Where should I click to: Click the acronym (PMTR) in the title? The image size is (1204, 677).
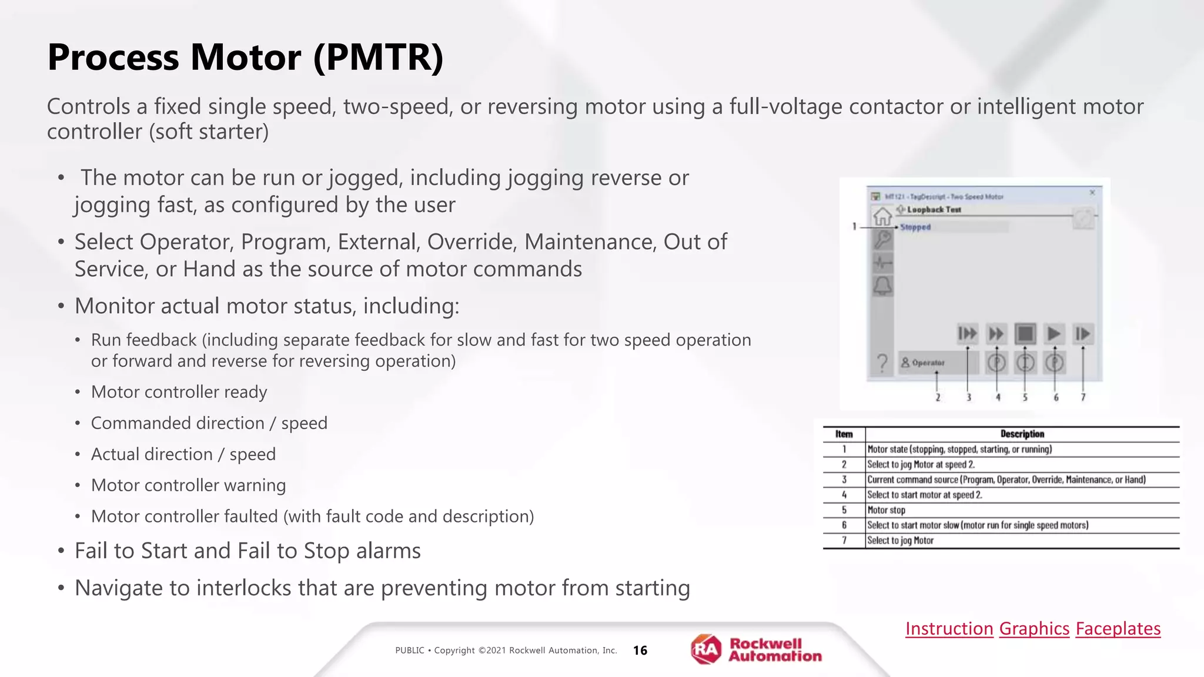tap(378, 58)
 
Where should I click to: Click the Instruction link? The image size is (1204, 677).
tap(949, 628)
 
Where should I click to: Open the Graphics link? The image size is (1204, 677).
tap(1034, 628)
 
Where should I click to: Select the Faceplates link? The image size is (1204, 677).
tap(1118, 628)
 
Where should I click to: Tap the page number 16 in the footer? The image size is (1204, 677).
tap(640, 650)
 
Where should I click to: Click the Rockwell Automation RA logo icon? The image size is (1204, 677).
tap(706, 649)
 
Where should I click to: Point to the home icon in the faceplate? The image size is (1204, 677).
tap(882, 216)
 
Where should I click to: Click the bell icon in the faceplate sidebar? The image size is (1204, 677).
tap(882, 286)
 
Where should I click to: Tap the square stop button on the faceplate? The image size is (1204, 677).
tap(1025, 334)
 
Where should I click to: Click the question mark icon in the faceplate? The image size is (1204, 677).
tap(882, 363)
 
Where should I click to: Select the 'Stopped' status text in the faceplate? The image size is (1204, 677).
tap(915, 227)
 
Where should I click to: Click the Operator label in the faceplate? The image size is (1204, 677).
tap(928, 363)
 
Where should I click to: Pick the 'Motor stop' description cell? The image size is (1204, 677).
tap(886, 510)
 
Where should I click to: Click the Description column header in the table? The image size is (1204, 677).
tap(1022, 434)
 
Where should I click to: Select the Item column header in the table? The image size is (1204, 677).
tap(844, 434)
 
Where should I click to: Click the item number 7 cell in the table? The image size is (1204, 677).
tap(844, 540)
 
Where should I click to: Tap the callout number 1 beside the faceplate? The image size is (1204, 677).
tap(854, 226)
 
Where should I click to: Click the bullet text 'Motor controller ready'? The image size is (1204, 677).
tap(179, 392)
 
